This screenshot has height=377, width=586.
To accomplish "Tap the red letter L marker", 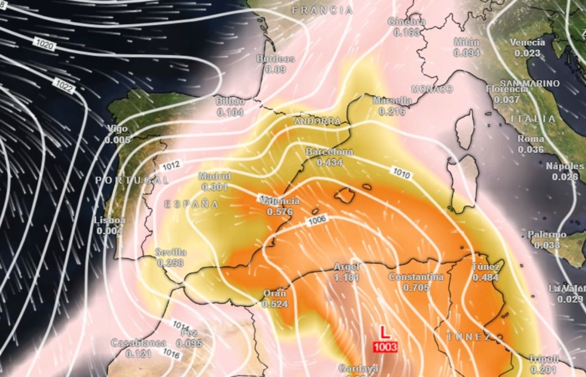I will (384, 333).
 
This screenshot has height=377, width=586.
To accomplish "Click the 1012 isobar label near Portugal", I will (171, 165).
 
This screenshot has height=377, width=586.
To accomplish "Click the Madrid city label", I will (215, 176).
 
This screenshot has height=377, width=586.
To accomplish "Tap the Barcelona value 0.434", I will (330, 162).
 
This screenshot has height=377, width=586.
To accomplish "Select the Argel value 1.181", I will (346, 278).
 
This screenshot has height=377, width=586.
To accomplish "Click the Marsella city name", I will (392, 100).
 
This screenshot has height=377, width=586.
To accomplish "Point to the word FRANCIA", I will (322, 10).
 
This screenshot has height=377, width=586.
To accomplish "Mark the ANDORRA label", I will (317, 121).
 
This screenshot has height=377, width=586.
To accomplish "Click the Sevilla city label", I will (171, 252).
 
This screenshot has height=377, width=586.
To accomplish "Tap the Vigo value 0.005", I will (118, 140).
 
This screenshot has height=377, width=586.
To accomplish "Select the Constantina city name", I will (416, 277).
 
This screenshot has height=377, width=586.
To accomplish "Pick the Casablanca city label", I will (138, 343).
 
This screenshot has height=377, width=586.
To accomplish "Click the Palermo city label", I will (547, 234).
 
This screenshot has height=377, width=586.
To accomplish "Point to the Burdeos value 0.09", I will (275, 69).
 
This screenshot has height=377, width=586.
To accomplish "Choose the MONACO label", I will (432, 89).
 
